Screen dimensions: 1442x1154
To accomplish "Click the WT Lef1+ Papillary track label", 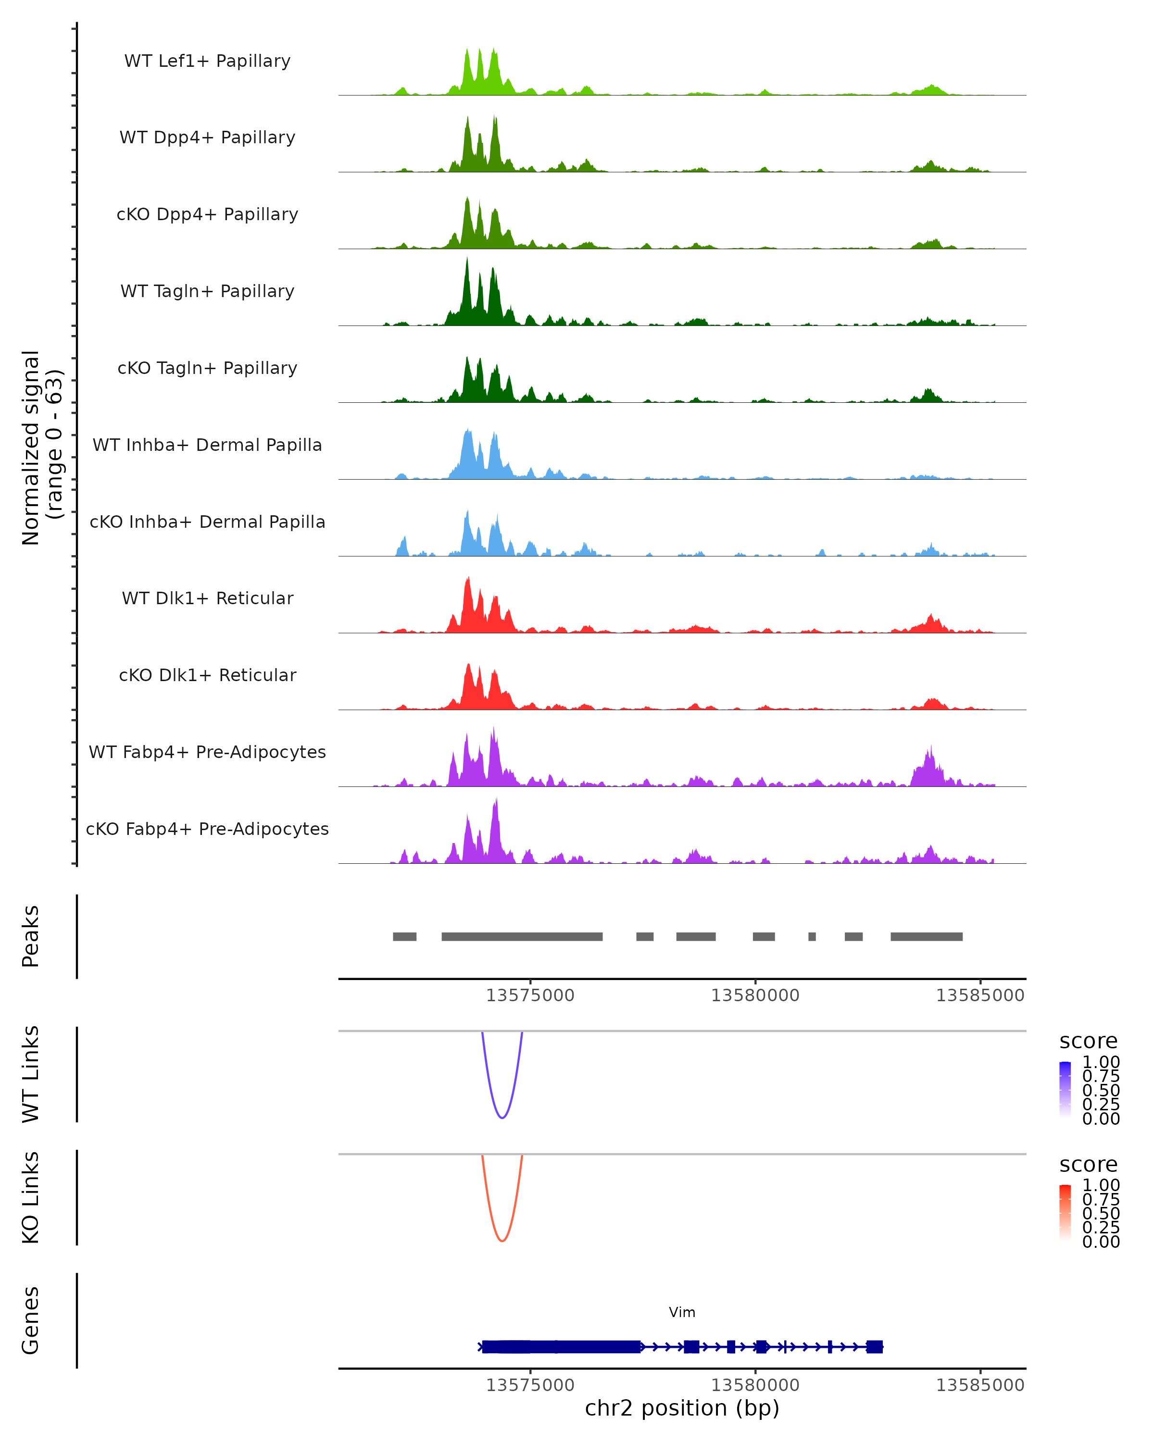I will point(207,61).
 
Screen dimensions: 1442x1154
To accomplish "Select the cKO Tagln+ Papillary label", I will point(207,368).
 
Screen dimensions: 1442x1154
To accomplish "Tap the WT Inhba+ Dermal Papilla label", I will point(207,445).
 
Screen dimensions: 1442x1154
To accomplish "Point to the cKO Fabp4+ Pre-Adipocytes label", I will point(207,829).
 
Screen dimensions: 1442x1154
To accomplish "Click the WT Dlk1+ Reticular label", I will point(207,598).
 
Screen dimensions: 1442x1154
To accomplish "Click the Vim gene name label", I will point(682,1312).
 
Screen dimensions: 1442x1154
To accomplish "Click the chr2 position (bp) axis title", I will point(682,1408).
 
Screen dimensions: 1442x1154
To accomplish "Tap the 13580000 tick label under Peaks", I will point(754,995).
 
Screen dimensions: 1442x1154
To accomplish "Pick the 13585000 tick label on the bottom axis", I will point(979,1384).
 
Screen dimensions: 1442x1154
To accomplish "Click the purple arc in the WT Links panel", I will point(502,1117).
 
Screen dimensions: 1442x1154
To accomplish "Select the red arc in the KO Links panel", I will point(502,1241).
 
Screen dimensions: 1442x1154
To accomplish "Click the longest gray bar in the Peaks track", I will point(522,936).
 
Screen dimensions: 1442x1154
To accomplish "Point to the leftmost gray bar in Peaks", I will point(404,936).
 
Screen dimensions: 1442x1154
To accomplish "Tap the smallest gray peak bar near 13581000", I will point(812,936).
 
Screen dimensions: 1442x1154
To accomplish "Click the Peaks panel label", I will point(30,936).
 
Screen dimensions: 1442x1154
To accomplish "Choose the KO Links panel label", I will point(30,1197).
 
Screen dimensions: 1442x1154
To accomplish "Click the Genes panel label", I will point(30,1320).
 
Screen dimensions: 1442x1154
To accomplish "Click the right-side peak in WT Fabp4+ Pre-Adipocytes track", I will point(928,769).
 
